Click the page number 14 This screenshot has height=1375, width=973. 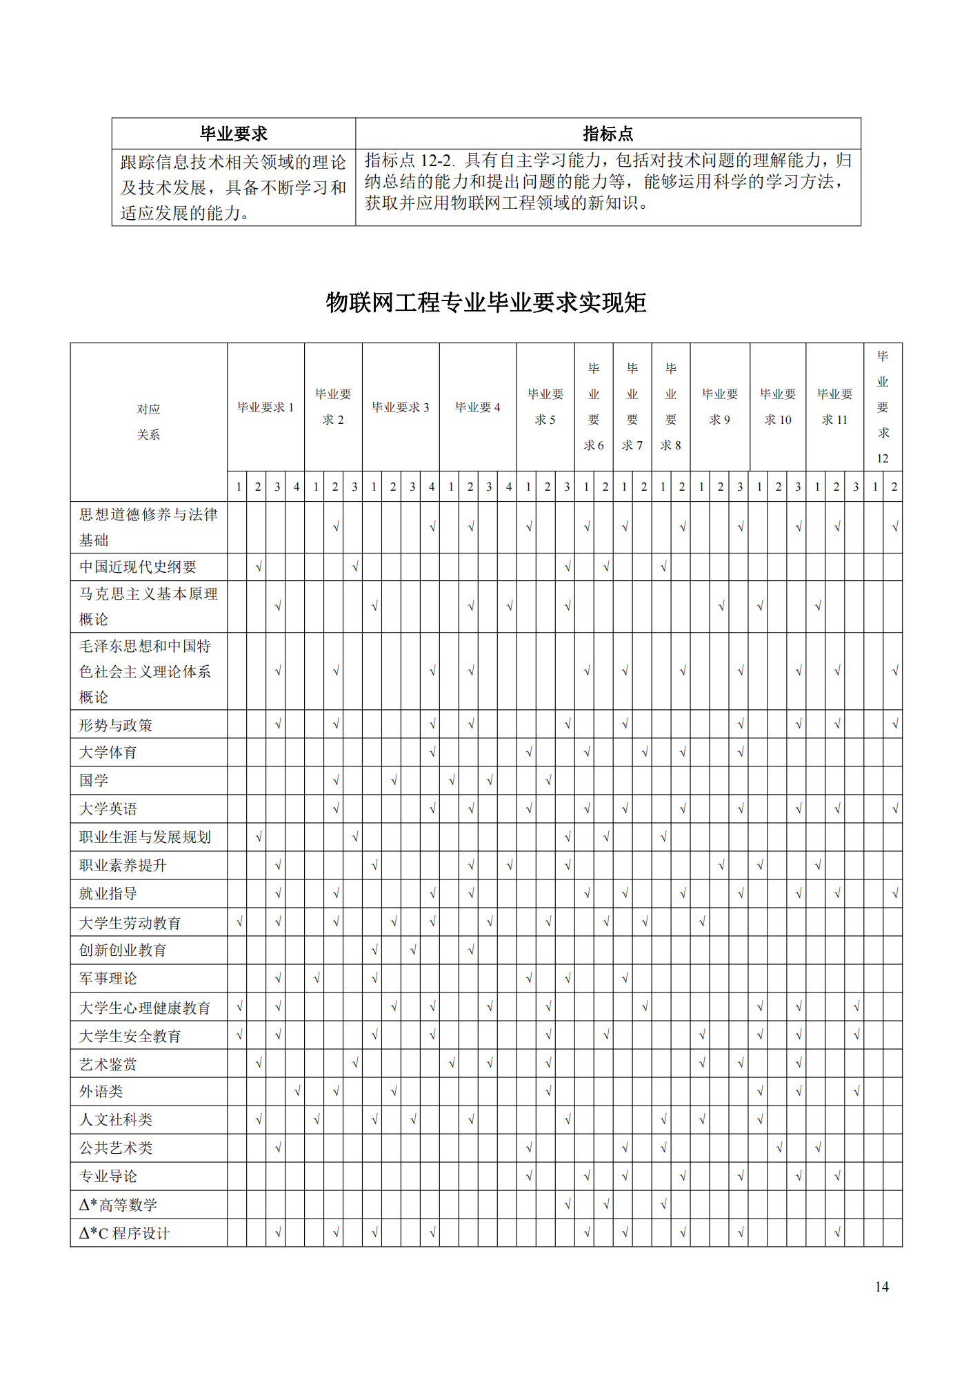tap(881, 1286)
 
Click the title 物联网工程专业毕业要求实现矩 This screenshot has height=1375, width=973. tap(486, 303)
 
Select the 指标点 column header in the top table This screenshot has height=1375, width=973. tap(608, 134)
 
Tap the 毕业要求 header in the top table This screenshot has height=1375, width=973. tap(234, 134)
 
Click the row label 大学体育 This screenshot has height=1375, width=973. tap(108, 752)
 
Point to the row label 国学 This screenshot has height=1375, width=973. tap(94, 780)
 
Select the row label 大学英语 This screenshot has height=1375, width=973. tap(108, 808)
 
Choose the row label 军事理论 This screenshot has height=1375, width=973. tap(108, 978)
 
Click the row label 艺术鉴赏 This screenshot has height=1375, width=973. tap(108, 1063)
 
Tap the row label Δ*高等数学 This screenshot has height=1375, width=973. tap(118, 1205)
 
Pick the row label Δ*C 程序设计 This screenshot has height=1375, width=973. tap(124, 1233)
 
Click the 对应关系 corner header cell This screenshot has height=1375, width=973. tap(148, 422)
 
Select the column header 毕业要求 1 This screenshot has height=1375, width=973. tap(265, 407)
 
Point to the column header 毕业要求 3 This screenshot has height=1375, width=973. tap(401, 407)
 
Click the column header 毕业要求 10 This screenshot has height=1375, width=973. tap(778, 407)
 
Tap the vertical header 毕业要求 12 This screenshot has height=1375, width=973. tap(883, 407)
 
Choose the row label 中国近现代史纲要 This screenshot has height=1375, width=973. tap(138, 567)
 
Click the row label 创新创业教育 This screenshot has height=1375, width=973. tap(123, 950)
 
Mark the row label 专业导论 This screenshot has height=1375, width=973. tap(108, 1176)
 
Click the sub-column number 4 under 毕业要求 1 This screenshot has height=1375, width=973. tap(297, 487)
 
